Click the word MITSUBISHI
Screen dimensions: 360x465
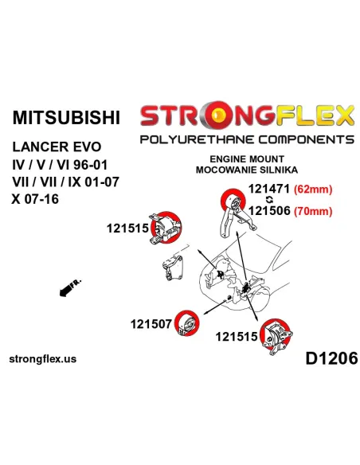tap(66, 117)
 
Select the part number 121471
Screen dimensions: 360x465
tap(268, 189)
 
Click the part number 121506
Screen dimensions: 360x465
tap(269, 210)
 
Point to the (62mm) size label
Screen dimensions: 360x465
tap(313, 190)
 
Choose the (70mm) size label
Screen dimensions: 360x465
tap(313, 211)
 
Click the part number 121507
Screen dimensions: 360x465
tap(151, 324)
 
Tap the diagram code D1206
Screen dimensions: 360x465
tap(331, 358)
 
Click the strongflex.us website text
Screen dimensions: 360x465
tap(43, 359)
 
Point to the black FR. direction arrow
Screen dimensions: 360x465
tap(70, 287)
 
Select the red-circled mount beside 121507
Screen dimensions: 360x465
tap(187, 323)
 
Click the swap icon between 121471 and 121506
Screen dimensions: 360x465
tap(270, 200)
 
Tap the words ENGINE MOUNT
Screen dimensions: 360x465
tap(247, 159)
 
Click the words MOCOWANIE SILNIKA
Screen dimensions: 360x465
tap(247, 170)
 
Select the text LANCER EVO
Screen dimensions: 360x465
tap(57, 147)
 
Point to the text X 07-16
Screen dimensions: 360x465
tap(35, 199)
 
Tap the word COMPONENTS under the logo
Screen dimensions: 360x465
tap(306, 139)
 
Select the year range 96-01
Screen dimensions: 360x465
tap(90, 165)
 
